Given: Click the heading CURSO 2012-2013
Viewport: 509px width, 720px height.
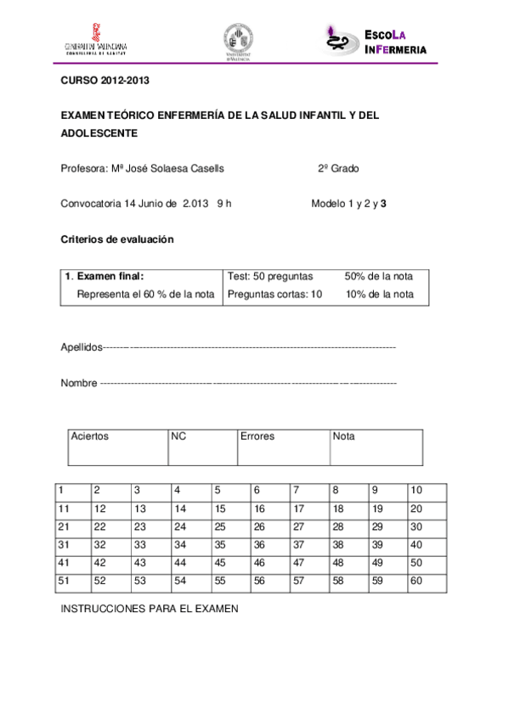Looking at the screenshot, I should tap(99, 82).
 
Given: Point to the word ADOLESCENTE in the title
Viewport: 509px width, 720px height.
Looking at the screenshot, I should tap(99, 133).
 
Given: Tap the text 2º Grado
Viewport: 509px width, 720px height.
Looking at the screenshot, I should tap(338, 168).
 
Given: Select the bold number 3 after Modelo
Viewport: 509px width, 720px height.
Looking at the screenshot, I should tap(383, 204).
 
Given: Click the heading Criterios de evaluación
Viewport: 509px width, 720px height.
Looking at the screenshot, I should tap(117, 239).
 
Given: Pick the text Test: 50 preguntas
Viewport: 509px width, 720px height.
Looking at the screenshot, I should tap(271, 276).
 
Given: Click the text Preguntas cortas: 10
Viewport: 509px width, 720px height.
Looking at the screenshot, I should tap(275, 295).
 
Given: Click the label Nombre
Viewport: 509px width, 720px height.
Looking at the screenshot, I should tap(79, 383).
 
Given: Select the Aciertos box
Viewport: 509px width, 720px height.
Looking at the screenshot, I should tap(118, 447).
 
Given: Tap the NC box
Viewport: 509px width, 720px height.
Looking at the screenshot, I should tap(202, 447).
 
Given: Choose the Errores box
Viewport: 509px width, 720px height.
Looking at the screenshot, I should tap(284, 447).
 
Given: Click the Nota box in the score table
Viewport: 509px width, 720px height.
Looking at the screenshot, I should tap(376, 447).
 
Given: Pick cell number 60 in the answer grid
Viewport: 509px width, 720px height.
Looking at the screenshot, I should tap(427, 581).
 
